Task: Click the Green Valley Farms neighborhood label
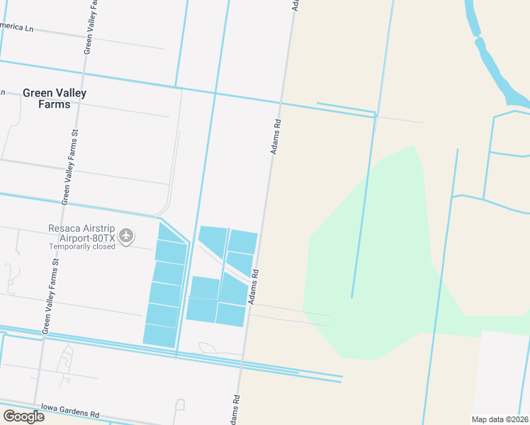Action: [x=55, y=98]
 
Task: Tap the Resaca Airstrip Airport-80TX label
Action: [x=81, y=228]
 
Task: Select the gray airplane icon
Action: [x=126, y=234]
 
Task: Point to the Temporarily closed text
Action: [x=81, y=246]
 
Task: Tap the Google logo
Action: [x=23, y=416]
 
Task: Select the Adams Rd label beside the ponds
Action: [x=252, y=286]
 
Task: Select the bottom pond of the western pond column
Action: [x=160, y=335]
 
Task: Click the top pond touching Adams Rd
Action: [x=242, y=242]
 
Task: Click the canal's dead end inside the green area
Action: [x=352, y=296]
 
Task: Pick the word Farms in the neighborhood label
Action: [x=55, y=104]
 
